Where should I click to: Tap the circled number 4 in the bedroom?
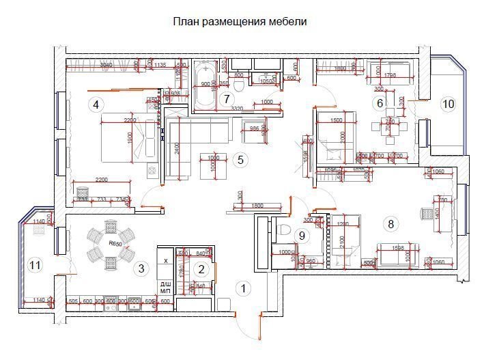(x=96, y=105)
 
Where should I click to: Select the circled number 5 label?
(x=239, y=160)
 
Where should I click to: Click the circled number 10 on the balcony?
(x=448, y=104)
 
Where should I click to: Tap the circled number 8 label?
(x=390, y=223)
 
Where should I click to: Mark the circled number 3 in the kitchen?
(x=141, y=268)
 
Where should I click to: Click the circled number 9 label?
(x=301, y=235)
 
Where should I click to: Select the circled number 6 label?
(x=380, y=103)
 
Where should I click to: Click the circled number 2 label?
(x=201, y=269)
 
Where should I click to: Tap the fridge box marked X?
(x=166, y=260)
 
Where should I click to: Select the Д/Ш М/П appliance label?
(x=166, y=287)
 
